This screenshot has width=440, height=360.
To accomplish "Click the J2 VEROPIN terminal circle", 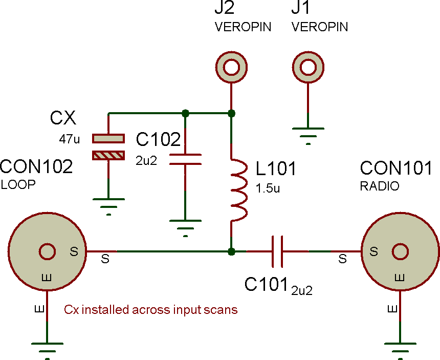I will coord(231,67).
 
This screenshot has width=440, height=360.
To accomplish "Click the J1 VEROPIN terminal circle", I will coord(307,67).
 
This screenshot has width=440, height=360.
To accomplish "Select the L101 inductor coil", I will coord(239,189).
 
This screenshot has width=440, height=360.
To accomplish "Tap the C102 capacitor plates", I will coord(185,159).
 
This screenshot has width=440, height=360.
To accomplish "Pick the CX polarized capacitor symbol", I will coord(108,146).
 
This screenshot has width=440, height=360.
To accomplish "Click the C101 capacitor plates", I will coord(278,251).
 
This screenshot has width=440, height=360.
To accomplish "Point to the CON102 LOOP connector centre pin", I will coord(47,251).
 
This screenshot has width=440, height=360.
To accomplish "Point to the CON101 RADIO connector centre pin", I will coord(400,251).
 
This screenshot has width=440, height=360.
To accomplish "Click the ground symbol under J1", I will coord(307,134).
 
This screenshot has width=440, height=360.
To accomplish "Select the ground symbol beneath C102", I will coord(185,227).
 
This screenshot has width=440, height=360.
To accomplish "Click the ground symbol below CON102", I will coord(47,348).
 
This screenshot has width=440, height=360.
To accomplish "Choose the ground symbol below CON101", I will coord(400,348).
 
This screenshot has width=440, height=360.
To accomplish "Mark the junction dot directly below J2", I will coord(231,113).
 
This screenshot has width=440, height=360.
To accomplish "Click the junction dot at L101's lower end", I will coord(231,251).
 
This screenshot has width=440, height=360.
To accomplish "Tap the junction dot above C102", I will coord(185,113).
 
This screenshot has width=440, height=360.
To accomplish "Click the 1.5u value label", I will coord(267,188).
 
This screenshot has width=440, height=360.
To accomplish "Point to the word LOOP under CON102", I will coord(18,185).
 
